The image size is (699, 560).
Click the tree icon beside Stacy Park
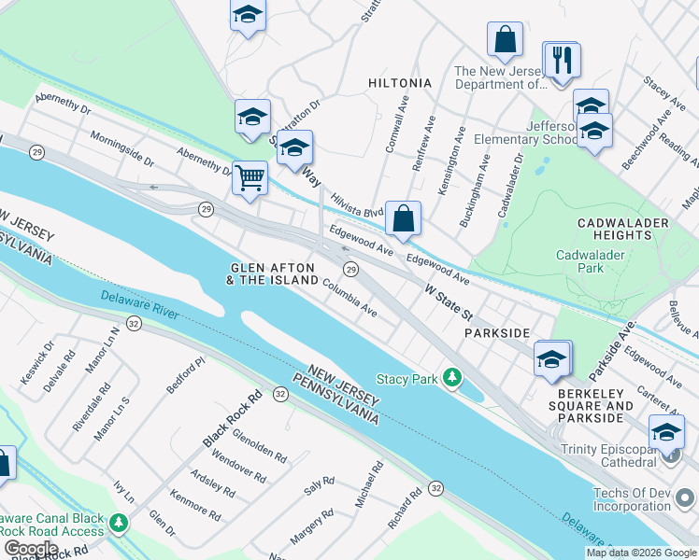pos(452,377)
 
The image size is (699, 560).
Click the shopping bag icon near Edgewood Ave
pos(403,219)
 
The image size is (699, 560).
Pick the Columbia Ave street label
pos(350,298)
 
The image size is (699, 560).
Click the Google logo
pos(31,549)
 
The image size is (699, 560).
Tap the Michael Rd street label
pos(368,483)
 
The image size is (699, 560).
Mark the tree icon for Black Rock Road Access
pos(119,523)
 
